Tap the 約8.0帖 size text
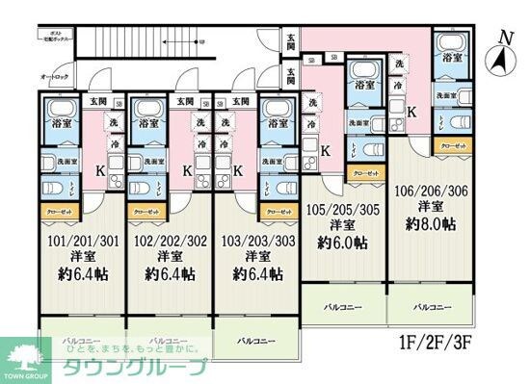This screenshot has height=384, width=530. [x=430, y=223]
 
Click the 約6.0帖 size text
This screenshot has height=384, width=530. [x=342, y=243]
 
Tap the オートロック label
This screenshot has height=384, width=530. [x=54, y=75]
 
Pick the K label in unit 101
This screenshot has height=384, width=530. [x=99, y=171]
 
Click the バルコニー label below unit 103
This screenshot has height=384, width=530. [x=256, y=341]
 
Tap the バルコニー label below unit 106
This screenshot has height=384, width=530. [x=434, y=307]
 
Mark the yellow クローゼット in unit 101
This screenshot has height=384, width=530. [x=56, y=210]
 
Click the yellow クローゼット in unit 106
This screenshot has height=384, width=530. [x=449, y=145]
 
